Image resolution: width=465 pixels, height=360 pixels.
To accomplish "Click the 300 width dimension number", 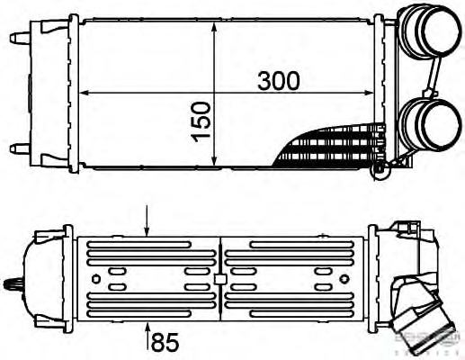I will pyautogui.click(x=279, y=80).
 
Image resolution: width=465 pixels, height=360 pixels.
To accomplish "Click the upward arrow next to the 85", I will pyautogui.click(x=149, y=331).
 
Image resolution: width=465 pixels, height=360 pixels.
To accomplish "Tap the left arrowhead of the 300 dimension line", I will pyautogui.click(x=85, y=94).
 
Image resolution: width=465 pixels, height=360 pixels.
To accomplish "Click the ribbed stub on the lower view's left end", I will pyautogui.click(x=13, y=286).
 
